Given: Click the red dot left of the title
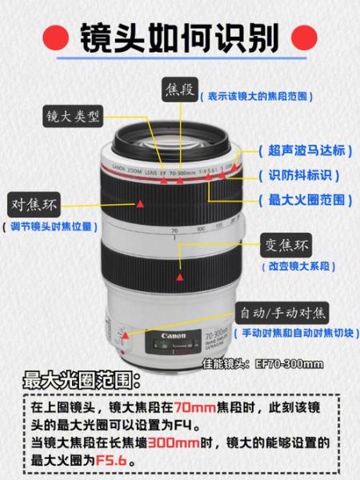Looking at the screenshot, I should tap(54, 36).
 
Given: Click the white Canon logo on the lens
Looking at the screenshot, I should tap(173, 335).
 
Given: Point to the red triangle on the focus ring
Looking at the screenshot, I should tap(141, 205).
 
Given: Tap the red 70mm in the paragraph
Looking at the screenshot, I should tap(197, 407).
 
